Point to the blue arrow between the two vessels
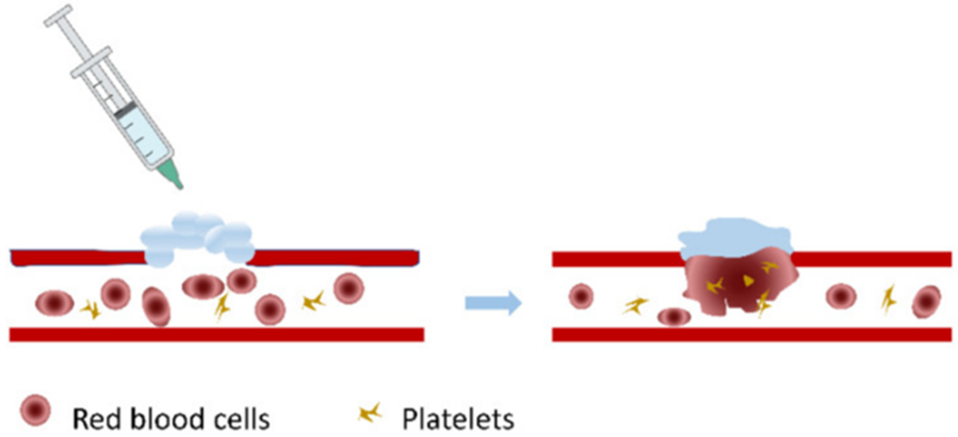click(x=493, y=303)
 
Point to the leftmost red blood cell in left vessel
click(x=54, y=303)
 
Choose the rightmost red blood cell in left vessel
click(x=348, y=288)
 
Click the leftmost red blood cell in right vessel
click(x=581, y=296)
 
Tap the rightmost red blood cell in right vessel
click(x=926, y=301)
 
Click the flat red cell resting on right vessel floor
click(x=674, y=317)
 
